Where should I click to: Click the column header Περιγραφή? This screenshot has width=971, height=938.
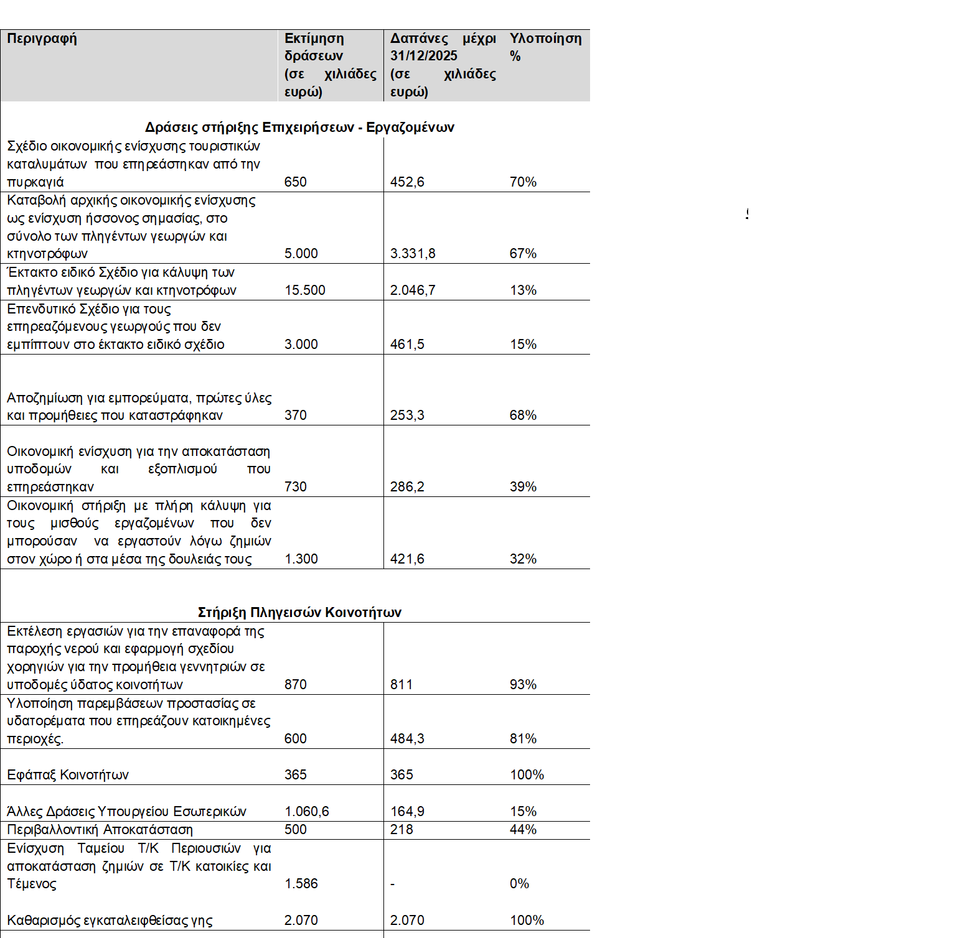click(x=42, y=39)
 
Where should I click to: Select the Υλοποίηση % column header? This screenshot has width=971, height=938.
click(x=545, y=47)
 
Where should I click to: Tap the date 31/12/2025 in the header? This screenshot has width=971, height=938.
click(x=423, y=56)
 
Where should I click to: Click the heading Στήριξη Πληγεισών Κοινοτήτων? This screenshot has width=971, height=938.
click(x=299, y=612)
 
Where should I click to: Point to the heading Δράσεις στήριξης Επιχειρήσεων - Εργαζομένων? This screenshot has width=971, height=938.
click(x=299, y=128)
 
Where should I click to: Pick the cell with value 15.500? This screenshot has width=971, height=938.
click(x=304, y=290)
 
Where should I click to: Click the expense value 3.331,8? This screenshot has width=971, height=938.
click(x=413, y=254)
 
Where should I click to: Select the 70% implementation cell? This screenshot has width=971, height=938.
click(x=523, y=182)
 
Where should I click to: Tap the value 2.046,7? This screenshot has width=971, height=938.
click(x=413, y=290)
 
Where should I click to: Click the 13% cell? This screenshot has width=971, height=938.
click(x=523, y=290)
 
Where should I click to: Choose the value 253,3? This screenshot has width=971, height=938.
click(x=407, y=416)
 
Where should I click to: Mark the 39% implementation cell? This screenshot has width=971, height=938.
click(x=523, y=487)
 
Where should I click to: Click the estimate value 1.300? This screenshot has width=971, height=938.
click(x=301, y=559)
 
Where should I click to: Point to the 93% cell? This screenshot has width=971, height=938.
click(x=523, y=685)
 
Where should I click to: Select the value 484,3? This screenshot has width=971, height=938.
click(x=407, y=739)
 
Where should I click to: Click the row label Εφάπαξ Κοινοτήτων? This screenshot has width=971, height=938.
click(x=68, y=775)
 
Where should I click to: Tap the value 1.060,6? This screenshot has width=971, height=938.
click(x=306, y=812)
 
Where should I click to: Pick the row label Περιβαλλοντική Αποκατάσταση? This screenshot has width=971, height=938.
click(x=100, y=830)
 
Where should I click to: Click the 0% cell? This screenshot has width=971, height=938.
click(x=519, y=884)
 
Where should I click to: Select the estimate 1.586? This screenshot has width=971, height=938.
click(x=301, y=884)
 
